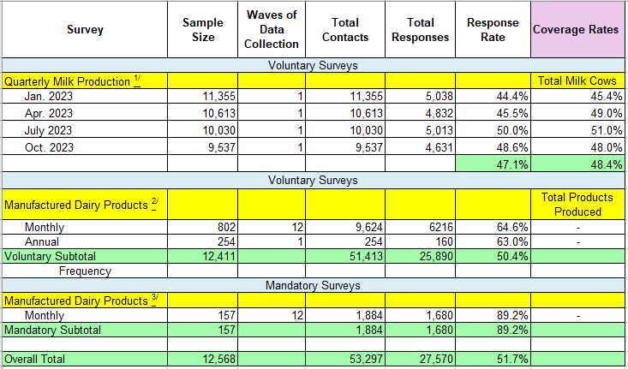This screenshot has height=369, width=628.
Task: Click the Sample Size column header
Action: click(x=202, y=30)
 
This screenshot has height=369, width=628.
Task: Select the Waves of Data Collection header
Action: click(x=272, y=30)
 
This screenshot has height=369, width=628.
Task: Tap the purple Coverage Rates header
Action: click(x=575, y=30)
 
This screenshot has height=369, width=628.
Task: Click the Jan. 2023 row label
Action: click(x=48, y=97)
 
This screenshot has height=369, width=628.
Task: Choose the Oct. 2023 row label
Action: click(x=48, y=146)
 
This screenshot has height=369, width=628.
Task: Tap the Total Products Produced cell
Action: click(x=577, y=204)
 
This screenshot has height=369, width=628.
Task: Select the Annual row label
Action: click(x=41, y=241)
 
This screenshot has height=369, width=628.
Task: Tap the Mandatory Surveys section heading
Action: click(x=312, y=285)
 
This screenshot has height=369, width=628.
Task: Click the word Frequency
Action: click(x=85, y=271)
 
